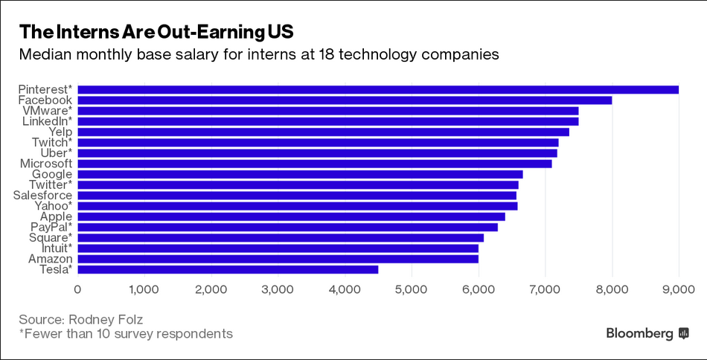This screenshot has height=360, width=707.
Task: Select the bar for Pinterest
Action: pos(378,89)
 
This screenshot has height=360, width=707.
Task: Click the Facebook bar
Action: pos(345,100)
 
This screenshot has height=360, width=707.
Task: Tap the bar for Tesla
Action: pos(228,269)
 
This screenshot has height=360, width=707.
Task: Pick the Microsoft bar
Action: pos(315,163)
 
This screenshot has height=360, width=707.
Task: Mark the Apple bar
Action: pos(291,216)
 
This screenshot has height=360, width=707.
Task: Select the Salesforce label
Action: pos(42,195)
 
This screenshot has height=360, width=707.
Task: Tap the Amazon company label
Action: pos(50,258)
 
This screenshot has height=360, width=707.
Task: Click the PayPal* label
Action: pos(51,227)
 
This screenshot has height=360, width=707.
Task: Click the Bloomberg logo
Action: pos(647,333)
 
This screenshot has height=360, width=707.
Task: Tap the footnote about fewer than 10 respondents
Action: pos(126,334)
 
